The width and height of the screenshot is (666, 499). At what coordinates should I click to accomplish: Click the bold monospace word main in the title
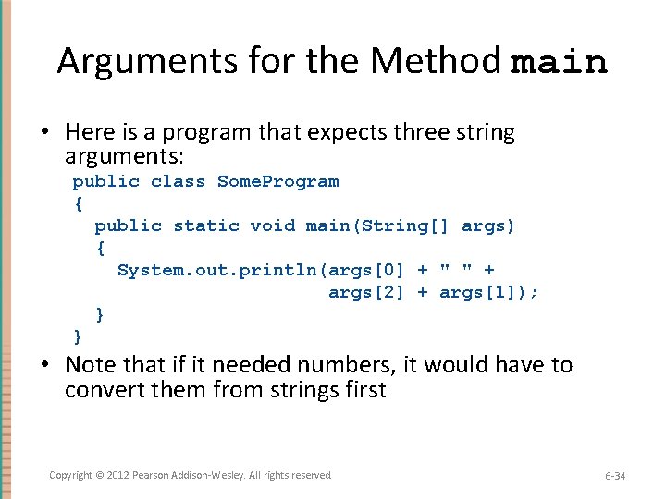559,63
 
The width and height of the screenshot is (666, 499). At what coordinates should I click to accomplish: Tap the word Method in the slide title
437,61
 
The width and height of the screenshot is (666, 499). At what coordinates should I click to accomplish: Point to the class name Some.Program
277,181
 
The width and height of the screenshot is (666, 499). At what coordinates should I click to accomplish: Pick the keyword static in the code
205,225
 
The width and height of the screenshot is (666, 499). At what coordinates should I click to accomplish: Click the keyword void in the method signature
272,225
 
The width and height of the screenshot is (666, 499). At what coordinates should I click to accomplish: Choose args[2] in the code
366,292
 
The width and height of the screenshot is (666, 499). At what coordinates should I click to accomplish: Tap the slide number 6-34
615,476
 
